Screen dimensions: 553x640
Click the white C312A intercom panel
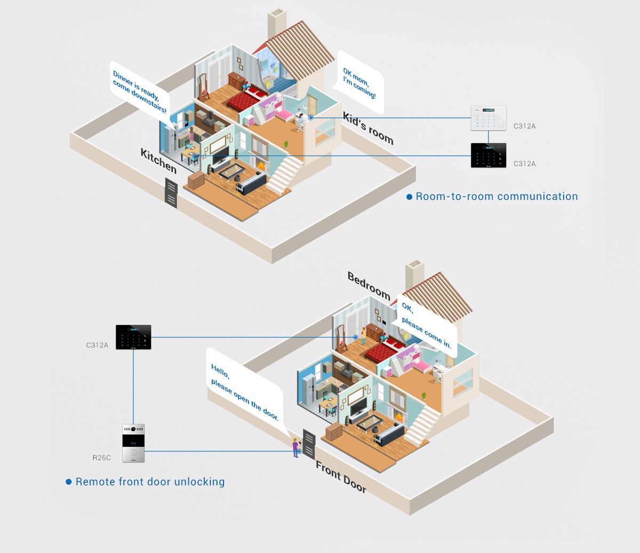click(x=488, y=118)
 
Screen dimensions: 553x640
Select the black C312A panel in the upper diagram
click(x=488, y=156)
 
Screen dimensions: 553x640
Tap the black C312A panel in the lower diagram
click(x=133, y=337)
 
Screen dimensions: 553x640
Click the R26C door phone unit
click(x=133, y=443)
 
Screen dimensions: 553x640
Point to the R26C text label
click(x=101, y=458)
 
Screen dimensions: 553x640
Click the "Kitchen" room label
click(x=158, y=160)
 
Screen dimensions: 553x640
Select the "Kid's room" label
click(x=368, y=128)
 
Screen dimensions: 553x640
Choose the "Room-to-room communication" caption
click(x=496, y=197)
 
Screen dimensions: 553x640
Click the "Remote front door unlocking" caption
click(x=150, y=482)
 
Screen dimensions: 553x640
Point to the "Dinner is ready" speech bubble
click(x=140, y=91)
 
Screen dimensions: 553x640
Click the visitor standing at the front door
click(x=295, y=448)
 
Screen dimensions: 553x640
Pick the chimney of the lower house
click(x=414, y=277)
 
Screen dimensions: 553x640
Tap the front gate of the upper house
click(x=171, y=193)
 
